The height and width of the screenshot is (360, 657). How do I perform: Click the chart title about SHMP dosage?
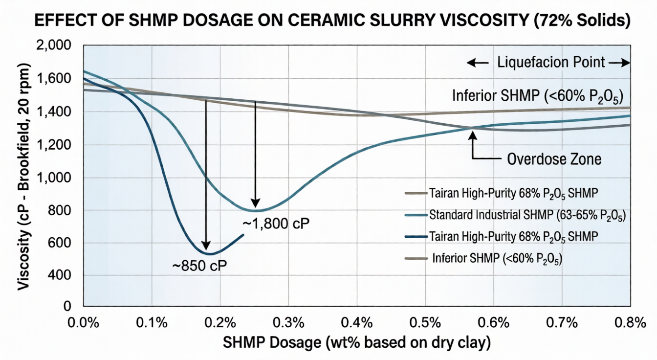pyautogui.click(x=328, y=22)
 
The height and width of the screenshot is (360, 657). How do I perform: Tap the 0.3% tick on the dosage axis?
pyautogui.click(x=288, y=322)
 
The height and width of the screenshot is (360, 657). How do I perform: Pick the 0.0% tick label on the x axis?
pyautogui.click(x=84, y=322)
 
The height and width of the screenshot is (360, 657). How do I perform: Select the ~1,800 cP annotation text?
pyautogui.click(x=276, y=223)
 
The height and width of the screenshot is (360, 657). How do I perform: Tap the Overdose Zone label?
pyautogui.click(x=553, y=159)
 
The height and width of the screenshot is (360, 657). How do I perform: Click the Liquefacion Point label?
pyautogui.click(x=550, y=63)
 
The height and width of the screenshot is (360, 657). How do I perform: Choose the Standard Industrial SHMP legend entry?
pyautogui.click(x=527, y=214)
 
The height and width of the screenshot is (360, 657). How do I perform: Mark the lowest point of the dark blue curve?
pyautogui.click(x=209, y=254)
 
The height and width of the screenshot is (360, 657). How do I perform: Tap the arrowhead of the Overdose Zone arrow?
pyautogui.click(x=472, y=133)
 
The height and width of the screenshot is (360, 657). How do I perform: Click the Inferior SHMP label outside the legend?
pyautogui.click(x=536, y=95)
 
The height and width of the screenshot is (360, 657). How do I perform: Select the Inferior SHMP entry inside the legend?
pyautogui.click(x=497, y=258)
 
